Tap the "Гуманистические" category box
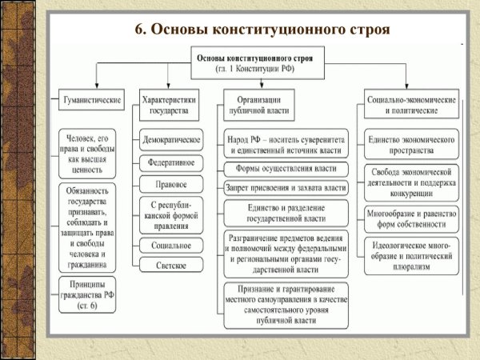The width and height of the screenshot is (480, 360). [92, 101]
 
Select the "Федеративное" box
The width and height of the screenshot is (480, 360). [171, 163]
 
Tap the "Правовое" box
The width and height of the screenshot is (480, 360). [171, 185]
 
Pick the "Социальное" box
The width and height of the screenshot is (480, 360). [171, 244]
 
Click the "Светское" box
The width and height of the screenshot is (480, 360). [171, 264]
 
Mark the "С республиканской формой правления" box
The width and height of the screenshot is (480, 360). [171, 214]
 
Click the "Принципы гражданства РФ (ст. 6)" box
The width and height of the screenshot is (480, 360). [90, 294]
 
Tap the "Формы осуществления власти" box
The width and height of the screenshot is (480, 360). [286, 169]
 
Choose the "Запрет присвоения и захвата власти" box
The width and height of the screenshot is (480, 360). [286, 188]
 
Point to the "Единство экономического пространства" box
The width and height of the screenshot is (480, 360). [412, 143]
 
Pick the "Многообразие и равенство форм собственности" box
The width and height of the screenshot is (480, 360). [412, 218]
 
